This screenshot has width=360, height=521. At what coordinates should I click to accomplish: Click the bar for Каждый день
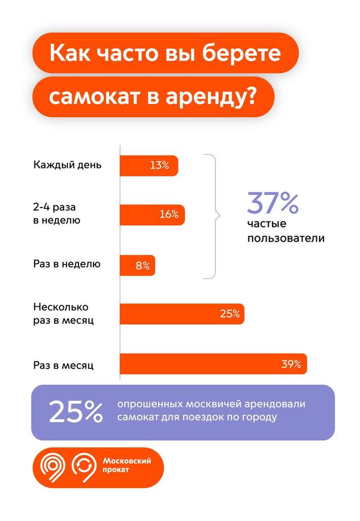coord(149,165)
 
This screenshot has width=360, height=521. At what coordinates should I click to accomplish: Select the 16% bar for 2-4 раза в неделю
coord(152,215)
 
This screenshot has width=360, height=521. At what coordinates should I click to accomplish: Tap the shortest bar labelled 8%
coord(137,266)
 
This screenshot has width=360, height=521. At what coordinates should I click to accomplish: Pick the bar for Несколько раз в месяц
coord(182,313)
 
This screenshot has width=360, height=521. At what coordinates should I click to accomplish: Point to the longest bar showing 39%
coord(213,364)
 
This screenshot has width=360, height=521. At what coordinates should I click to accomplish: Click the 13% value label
coord(159,165)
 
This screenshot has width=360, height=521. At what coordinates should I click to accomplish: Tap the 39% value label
coord(291,364)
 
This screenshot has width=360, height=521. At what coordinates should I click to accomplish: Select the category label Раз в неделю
coord(67,265)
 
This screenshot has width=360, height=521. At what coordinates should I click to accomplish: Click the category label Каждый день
coord(67,165)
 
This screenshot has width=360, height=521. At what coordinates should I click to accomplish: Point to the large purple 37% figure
coord(272,203)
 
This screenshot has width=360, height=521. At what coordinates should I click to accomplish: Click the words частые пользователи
coord(285,232)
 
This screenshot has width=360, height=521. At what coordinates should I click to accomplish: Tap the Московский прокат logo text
coord(127,466)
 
